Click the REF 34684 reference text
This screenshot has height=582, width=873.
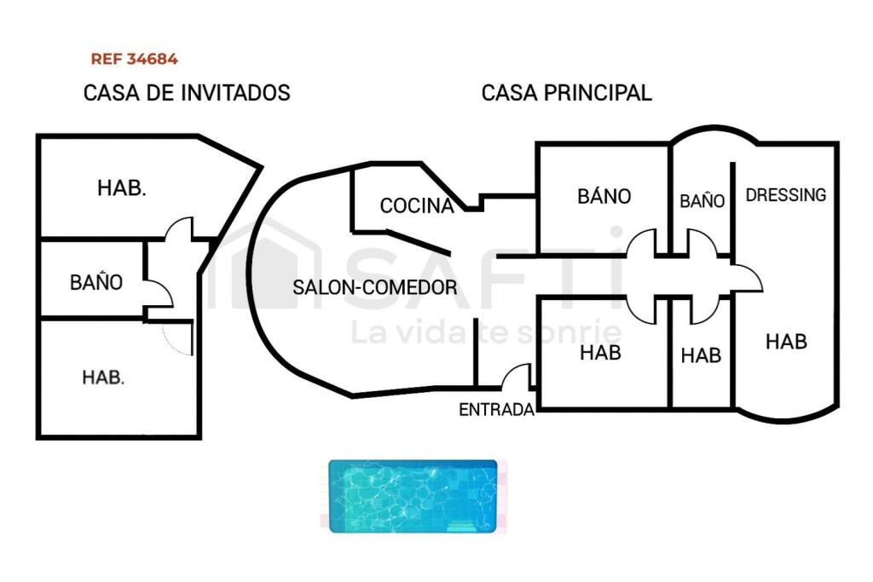[x=134, y=60]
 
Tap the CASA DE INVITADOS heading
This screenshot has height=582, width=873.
[x=187, y=93]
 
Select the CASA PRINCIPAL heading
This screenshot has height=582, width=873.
[x=566, y=93]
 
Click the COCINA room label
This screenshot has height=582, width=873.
[x=416, y=205]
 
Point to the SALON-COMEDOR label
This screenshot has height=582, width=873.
[x=375, y=287]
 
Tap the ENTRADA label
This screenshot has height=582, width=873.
[x=496, y=410]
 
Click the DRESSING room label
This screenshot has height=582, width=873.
[x=785, y=194]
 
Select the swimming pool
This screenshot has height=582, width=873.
[x=413, y=496]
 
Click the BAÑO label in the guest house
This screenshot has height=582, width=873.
[x=96, y=282]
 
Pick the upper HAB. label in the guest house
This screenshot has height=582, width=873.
[x=122, y=188]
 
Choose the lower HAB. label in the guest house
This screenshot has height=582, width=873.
[x=103, y=377]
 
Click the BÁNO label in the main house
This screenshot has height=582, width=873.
[x=604, y=196]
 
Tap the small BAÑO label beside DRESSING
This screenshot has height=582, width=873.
[x=702, y=201]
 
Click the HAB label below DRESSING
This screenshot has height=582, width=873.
[x=785, y=342]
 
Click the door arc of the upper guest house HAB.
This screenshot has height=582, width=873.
[x=179, y=228]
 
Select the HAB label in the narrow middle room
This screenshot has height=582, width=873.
[x=701, y=355]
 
